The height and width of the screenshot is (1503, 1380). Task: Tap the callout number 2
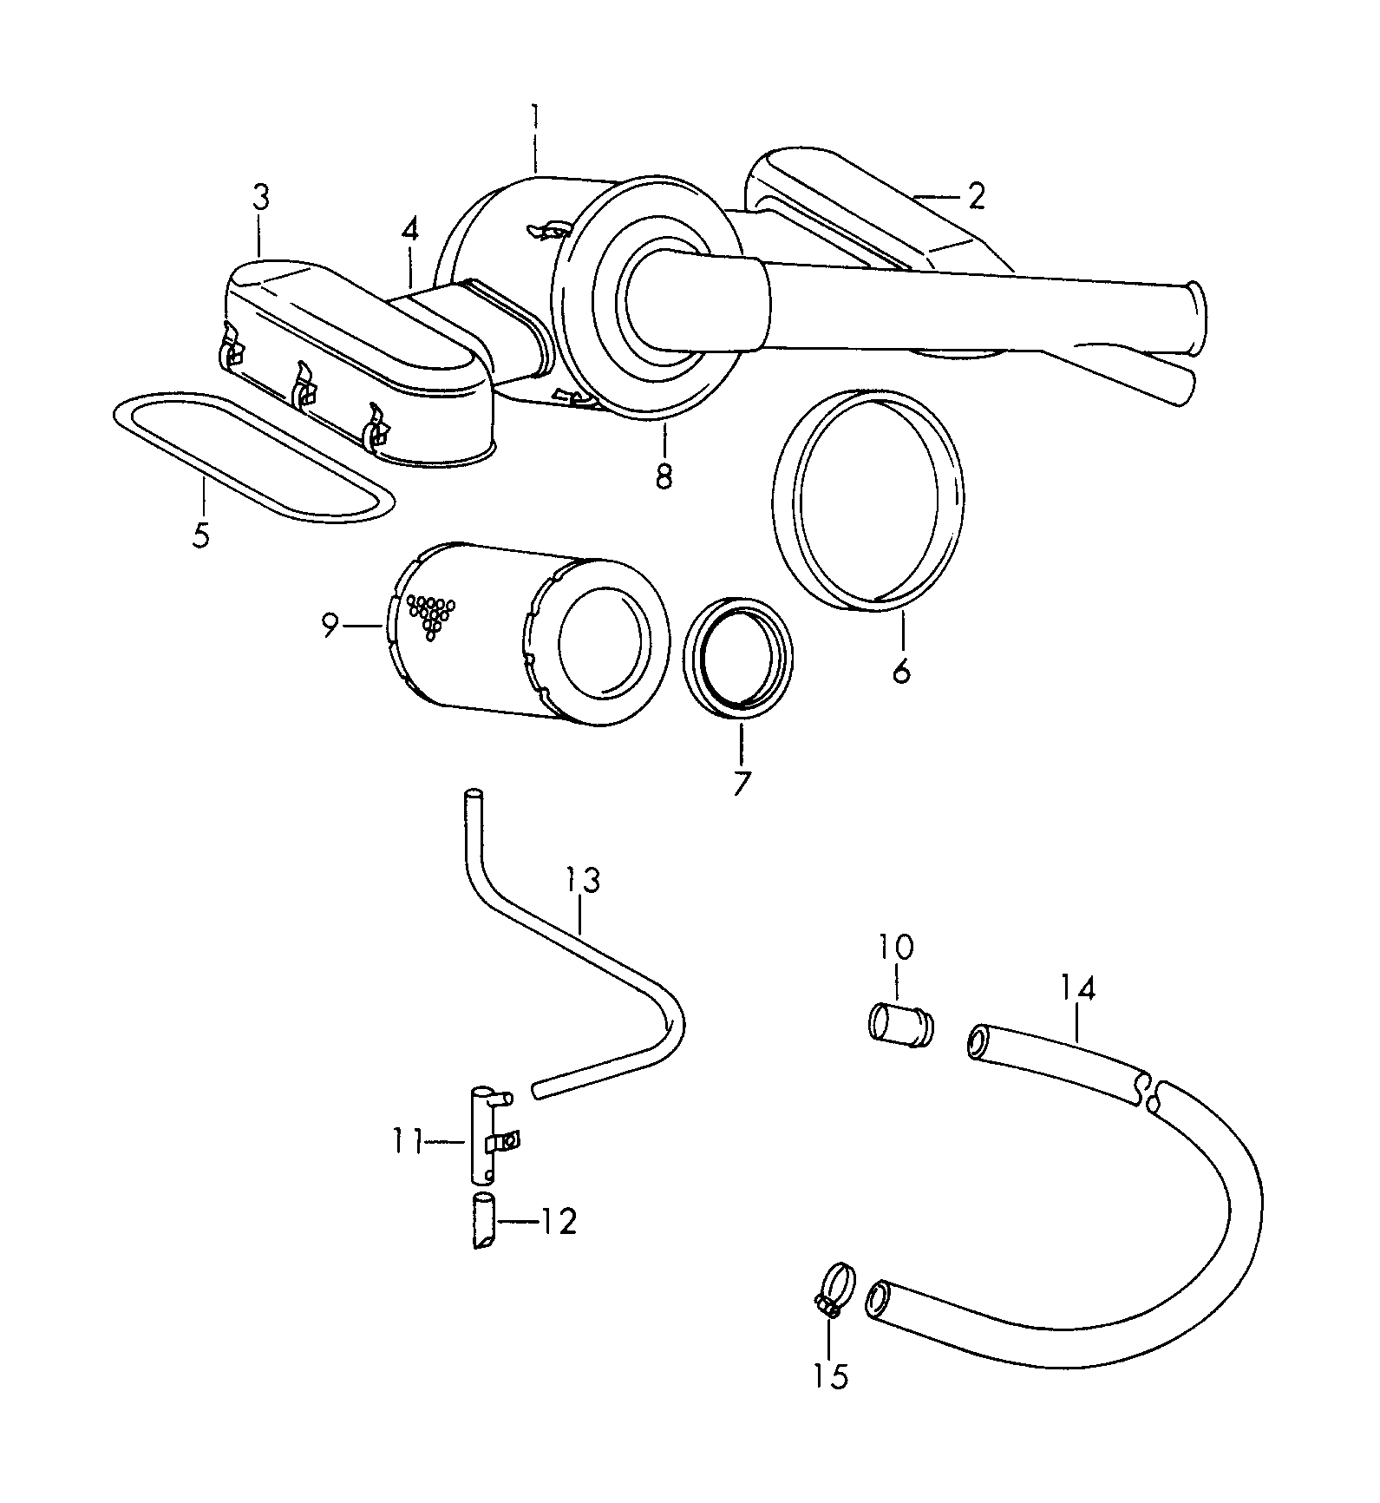tap(977, 197)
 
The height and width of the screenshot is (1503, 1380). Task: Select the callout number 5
tap(201, 535)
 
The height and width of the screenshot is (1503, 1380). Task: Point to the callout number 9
tap(330, 625)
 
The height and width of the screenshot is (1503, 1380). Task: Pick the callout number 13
tap(583, 881)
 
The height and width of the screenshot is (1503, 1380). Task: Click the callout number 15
tap(831, 1375)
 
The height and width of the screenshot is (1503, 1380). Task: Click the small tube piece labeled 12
tap(483, 1220)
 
